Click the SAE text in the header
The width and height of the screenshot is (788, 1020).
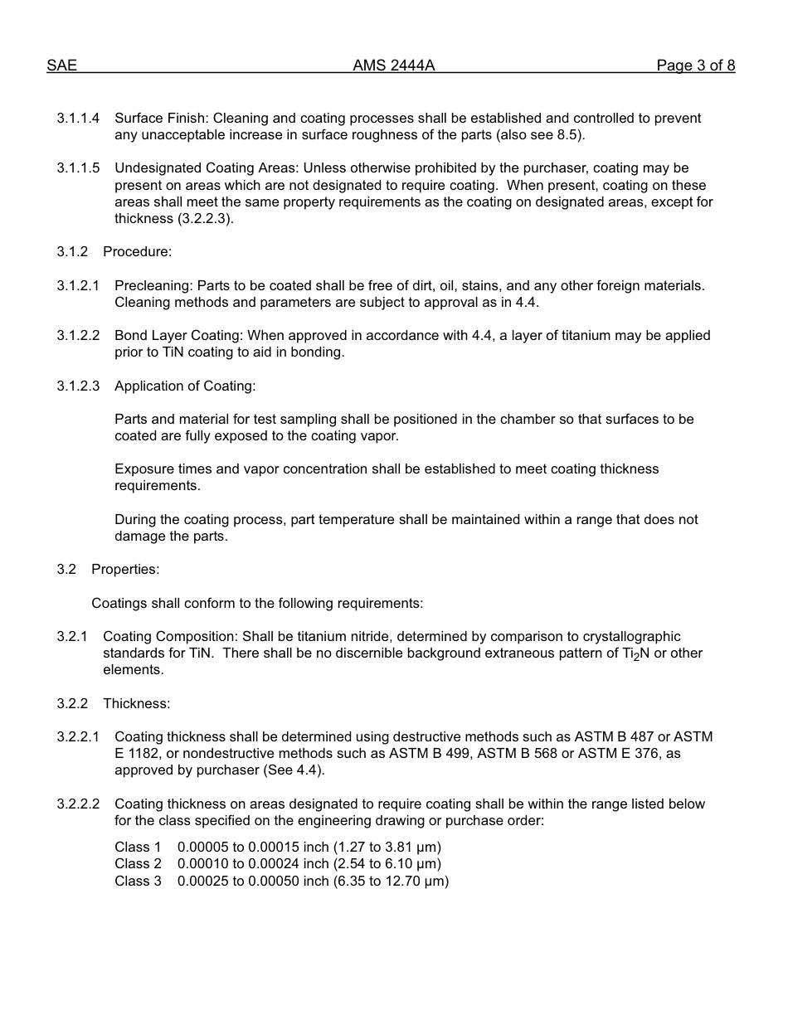coord(61,66)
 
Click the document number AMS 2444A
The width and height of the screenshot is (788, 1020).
coord(393,66)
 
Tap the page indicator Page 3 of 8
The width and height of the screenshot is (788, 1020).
coord(695,66)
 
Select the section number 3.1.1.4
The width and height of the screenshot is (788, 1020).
coord(78,119)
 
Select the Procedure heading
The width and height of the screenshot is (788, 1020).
coord(137,252)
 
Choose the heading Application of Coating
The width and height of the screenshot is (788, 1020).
coord(185,386)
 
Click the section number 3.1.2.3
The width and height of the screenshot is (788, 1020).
coord(78,386)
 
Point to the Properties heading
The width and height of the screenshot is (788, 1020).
coord(125,569)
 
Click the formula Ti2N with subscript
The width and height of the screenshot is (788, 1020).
coord(635,653)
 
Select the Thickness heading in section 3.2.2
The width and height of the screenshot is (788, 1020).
coord(136,703)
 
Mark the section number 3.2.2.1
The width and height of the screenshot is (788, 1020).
coord(78,736)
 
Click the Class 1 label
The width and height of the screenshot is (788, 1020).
coord(138,848)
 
